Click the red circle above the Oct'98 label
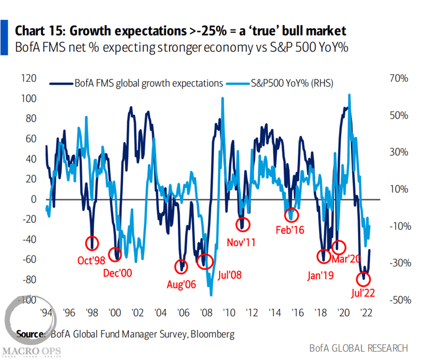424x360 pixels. point(92,243)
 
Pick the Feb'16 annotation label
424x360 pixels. point(290,230)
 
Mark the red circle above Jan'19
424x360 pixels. point(323,256)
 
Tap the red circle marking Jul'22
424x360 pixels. point(365,278)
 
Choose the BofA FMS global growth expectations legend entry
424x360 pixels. point(145,84)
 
